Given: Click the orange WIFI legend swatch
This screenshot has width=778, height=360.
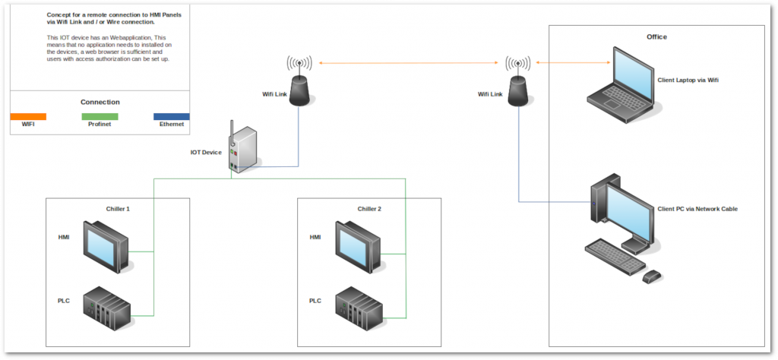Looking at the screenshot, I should (28, 116).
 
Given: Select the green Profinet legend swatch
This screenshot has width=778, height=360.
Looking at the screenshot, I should (100, 116).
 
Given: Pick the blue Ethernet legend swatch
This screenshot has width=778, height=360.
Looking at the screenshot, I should (171, 116).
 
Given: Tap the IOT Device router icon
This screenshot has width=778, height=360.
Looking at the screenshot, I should (245, 150).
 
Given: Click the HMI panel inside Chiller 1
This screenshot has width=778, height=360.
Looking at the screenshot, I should (107, 246).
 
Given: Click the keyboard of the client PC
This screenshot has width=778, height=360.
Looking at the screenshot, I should (615, 256).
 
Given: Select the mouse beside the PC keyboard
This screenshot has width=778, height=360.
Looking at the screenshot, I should (652, 276).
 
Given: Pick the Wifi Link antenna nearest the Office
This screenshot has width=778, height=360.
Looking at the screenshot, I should (518, 85).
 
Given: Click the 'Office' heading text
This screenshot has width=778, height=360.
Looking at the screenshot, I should (656, 36).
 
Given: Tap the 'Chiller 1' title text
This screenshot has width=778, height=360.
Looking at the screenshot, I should (118, 209).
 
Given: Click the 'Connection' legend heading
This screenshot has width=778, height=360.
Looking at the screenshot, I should (100, 102).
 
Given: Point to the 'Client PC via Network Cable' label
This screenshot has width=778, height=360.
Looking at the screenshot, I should (696, 209).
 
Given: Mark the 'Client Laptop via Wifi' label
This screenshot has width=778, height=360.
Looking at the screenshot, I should (687, 79).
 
